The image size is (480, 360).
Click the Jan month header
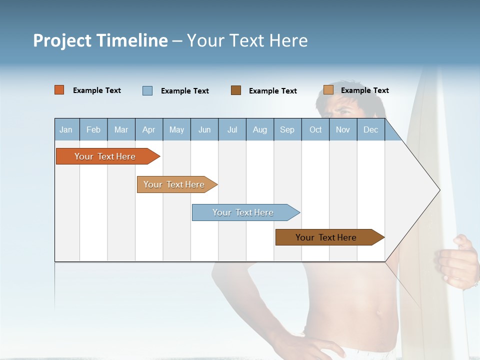pos(66,129)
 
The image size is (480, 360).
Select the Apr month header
pos(149,129)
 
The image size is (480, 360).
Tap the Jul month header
pos(232,129)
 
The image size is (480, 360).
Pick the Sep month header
pos(287,129)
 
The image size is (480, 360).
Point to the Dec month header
pos(370,129)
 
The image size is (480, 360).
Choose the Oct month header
pos(315,129)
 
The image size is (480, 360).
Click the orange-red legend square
pos(59,90)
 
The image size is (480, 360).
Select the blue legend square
pos(147,90)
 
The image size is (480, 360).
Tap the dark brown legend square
pos(236,90)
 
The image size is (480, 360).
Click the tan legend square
pos(328,90)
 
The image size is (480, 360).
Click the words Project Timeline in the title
pos(100,40)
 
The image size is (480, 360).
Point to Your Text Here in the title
pos(247,40)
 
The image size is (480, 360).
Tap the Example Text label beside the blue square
pos(184,91)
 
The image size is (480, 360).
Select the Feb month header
pos(93,129)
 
